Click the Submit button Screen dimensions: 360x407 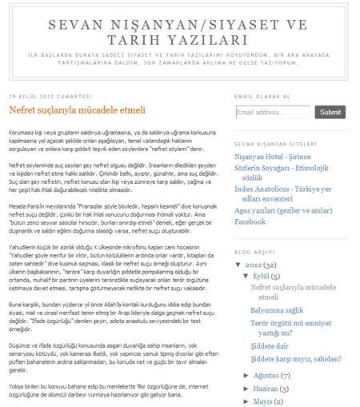pyautogui.click(x=330, y=113)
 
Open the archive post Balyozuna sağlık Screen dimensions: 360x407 pyautogui.click(x=282, y=310)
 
